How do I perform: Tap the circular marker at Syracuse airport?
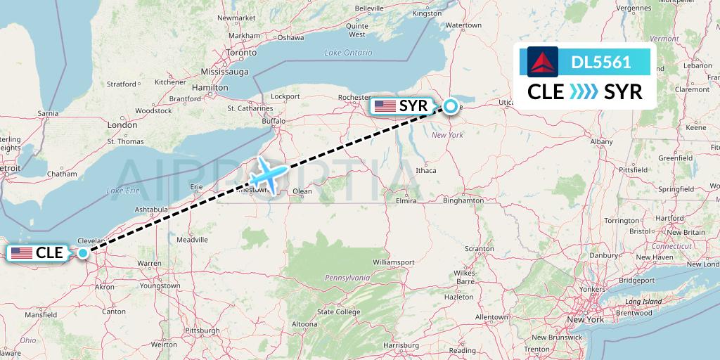(x=449, y=108)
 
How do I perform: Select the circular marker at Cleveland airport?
(x=83, y=253)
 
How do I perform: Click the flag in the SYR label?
(x=385, y=107)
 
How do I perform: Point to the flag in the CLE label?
(x=22, y=253)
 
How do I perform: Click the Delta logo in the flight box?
(x=542, y=62)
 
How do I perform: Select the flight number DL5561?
(x=601, y=63)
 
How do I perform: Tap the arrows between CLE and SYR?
(x=583, y=91)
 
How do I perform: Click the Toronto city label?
(x=240, y=53)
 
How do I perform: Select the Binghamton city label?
(x=463, y=200)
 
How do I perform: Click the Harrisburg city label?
(x=401, y=345)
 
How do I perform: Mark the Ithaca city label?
(x=426, y=170)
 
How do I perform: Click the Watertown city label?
(x=463, y=25)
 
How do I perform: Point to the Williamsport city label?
(x=393, y=262)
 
